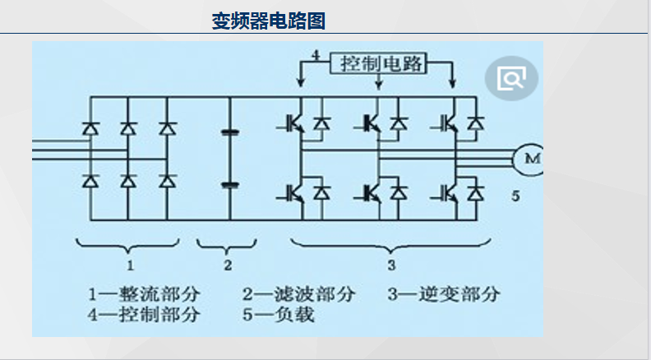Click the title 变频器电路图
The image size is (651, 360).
coord(269,20)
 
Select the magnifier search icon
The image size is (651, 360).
coord(511,79)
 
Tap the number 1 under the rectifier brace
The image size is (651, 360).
coord(130,265)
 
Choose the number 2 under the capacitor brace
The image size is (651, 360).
coord(228,265)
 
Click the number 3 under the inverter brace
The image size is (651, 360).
coord(391,265)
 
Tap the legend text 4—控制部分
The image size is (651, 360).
coord(145,315)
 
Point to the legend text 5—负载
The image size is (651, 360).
coord(279,315)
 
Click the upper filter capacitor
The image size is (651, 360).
coord(230,131)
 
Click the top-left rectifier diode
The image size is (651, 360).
coord(90,128)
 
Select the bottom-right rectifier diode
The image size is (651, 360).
coord(168,182)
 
